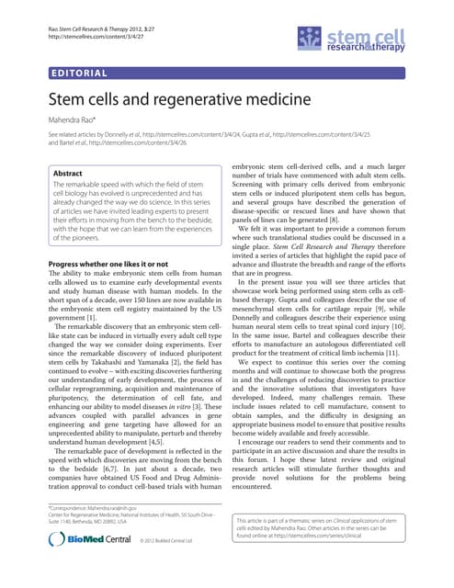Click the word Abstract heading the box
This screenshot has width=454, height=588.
click(x=68, y=173)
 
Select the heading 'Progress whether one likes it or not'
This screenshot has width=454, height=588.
click(x=107, y=264)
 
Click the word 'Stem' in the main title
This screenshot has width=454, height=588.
click(x=69, y=99)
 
